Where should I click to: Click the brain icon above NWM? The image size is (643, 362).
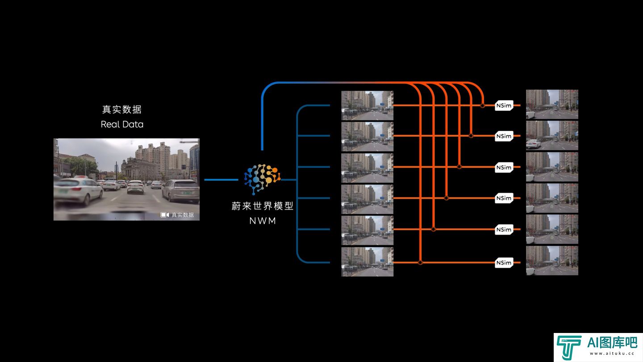(262, 179)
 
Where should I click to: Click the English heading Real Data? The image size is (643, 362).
(122, 124)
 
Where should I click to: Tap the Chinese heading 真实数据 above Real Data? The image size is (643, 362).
(122, 109)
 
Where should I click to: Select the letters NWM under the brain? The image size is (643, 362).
(263, 221)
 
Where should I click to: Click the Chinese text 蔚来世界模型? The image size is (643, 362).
(263, 206)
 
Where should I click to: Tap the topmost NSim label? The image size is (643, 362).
(504, 105)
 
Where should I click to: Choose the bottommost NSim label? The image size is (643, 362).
(504, 263)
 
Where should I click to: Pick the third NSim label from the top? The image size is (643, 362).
(504, 167)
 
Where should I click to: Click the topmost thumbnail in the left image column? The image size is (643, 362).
(367, 105)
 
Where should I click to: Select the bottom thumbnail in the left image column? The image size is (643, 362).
(367, 262)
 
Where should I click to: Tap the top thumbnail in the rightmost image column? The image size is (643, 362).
(552, 104)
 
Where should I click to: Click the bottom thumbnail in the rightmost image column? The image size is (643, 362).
(552, 260)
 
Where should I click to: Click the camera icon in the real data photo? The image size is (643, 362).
(164, 215)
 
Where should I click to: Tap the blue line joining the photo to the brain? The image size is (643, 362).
(221, 180)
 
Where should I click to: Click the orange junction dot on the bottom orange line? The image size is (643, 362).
(420, 263)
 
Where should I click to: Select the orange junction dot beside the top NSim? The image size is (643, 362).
(483, 106)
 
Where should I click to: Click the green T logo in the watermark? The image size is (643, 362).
(568, 347)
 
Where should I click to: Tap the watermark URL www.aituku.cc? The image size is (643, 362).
(612, 354)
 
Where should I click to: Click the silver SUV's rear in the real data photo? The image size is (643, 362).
(181, 191)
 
